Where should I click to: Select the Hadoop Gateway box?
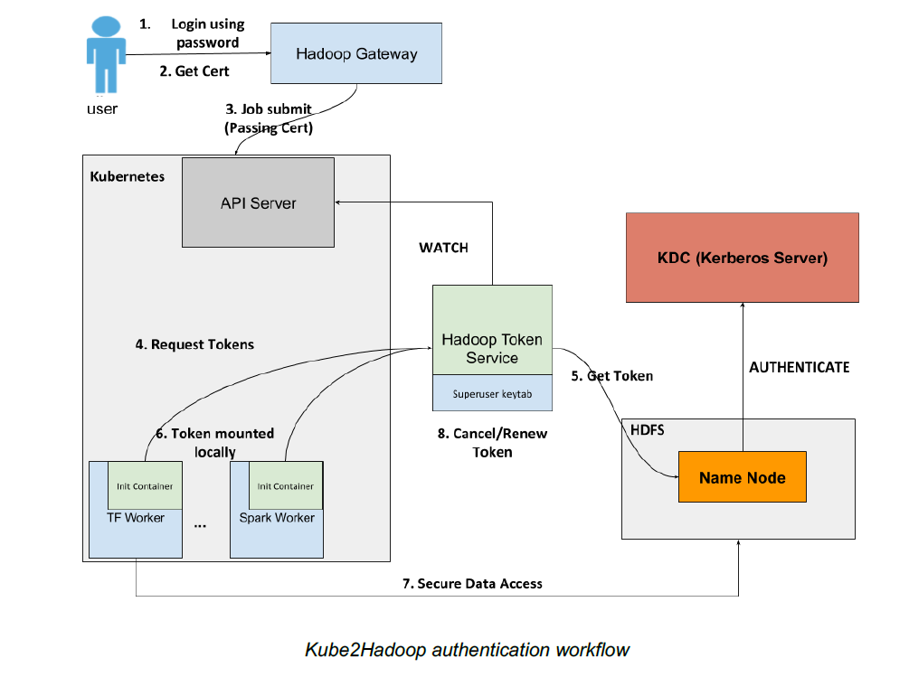pyautogui.click(x=356, y=54)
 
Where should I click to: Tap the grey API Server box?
pyautogui.click(x=258, y=202)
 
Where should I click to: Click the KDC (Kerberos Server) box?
pyautogui.click(x=742, y=258)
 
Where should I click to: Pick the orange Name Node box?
pyautogui.click(x=742, y=477)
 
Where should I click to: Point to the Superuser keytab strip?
pyautogui.click(x=492, y=393)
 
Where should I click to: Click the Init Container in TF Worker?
pyautogui.click(x=145, y=486)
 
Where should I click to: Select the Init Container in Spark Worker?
pyautogui.click(x=286, y=486)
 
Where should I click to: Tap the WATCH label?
pyautogui.click(x=444, y=248)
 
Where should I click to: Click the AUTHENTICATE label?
pyautogui.click(x=800, y=367)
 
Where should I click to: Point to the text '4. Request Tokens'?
pyautogui.click(x=194, y=344)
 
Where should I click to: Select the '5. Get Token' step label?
pyautogui.click(x=611, y=375)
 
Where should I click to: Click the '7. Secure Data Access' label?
pyautogui.click(x=472, y=584)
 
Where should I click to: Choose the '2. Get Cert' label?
pyautogui.click(x=194, y=71)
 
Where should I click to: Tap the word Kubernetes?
pyautogui.click(x=128, y=176)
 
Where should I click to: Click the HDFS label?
pyautogui.click(x=647, y=430)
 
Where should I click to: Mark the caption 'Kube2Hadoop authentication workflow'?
pyautogui.click(x=467, y=650)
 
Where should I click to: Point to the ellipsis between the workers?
pyautogui.click(x=201, y=523)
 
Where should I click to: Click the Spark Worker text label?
pyautogui.click(x=277, y=518)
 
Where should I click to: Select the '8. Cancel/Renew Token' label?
pyautogui.click(x=492, y=443)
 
